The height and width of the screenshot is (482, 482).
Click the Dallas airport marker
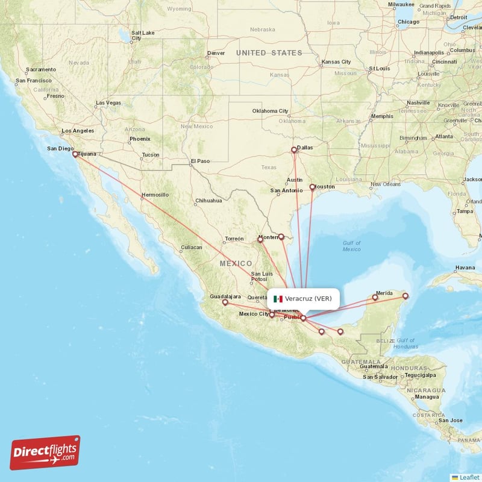click(x=294, y=150)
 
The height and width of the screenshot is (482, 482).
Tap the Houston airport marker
click(x=312, y=187)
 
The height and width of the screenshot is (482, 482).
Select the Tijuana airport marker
click(x=75, y=154)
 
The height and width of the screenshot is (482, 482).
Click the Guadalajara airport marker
click(x=225, y=303)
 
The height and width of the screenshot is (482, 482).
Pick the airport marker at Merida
click(x=375, y=297)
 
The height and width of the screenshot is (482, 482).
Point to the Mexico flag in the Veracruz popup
click(x=278, y=299)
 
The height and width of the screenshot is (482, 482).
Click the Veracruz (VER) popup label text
click(x=308, y=299)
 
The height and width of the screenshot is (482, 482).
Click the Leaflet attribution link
click(x=469, y=477)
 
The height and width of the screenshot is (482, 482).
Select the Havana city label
click(x=465, y=268)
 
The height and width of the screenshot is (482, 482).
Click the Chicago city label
click(x=408, y=22)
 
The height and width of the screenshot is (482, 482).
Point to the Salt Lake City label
click(x=142, y=35)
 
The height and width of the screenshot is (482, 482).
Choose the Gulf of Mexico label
click(x=351, y=246)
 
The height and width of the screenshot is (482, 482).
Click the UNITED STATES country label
click(x=269, y=53)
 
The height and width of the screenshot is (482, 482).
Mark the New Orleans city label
click(x=386, y=184)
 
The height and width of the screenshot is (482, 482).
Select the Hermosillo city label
click(x=155, y=195)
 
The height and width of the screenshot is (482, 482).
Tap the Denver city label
click(x=216, y=53)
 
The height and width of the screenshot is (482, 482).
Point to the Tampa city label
click(x=465, y=211)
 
